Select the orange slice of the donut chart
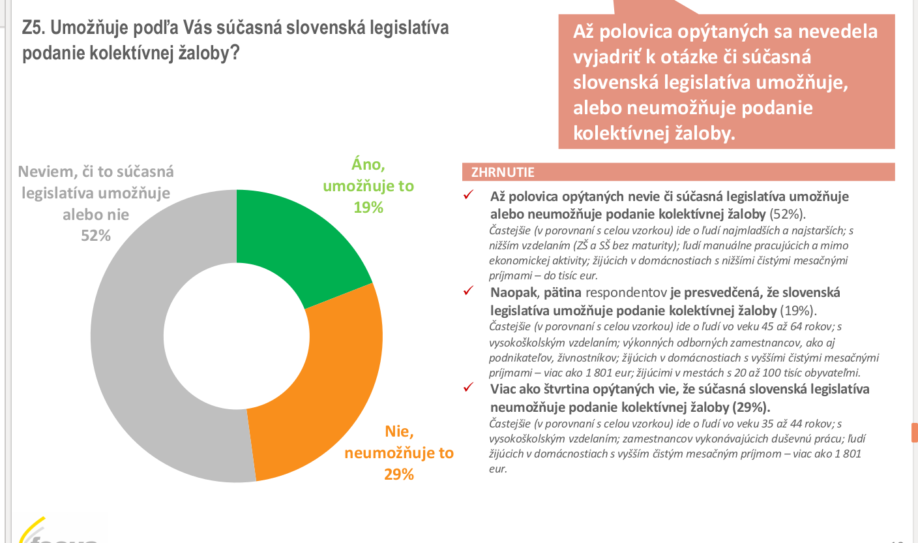pyautogui.click(x=326, y=392)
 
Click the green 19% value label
pyautogui.click(x=368, y=208)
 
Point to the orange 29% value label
pyautogui.click(x=399, y=474)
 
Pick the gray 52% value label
pyautogui.click(x=96, y=236)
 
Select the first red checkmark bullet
pyautogui.click(x=467, y=196)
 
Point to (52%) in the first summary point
pyautogui.click(x=788, y=213)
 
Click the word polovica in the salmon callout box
pyautogui.click(x=632, y=32)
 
